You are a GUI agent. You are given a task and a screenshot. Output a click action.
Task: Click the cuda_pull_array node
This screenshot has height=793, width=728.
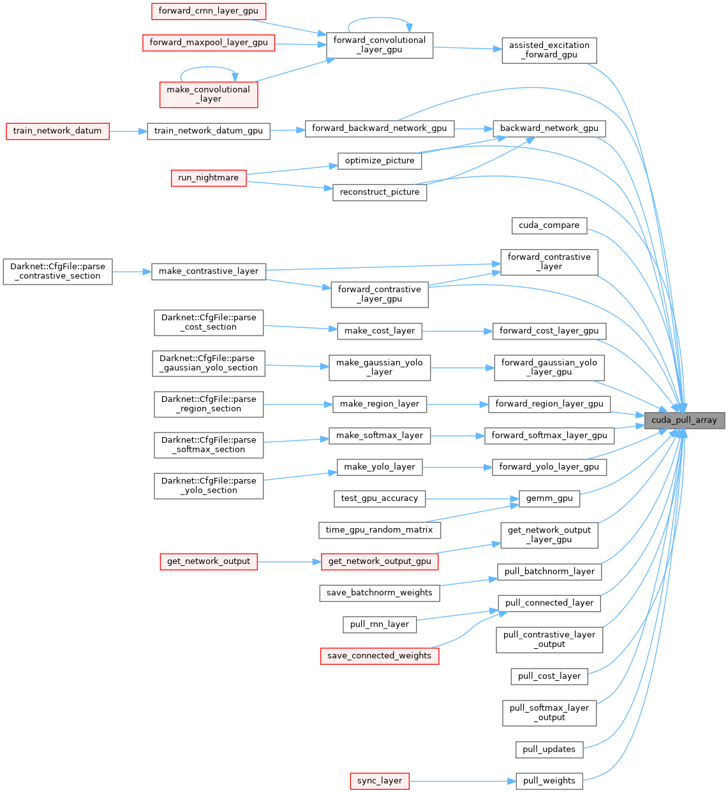click(684, 420)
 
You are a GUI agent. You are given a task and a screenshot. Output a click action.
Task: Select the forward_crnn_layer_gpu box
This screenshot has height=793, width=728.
click(208, 11)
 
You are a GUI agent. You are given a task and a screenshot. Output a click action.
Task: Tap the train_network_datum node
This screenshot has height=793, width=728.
click(57, 131)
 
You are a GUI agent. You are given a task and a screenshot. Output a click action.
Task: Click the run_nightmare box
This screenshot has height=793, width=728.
click(209, 178)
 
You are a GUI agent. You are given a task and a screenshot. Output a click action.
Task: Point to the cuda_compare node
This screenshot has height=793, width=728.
click(549, 225)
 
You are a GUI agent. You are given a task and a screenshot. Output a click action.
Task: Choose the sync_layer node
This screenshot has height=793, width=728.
click(380, 781)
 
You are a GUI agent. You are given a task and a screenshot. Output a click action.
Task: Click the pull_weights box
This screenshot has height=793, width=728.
click(549, 781)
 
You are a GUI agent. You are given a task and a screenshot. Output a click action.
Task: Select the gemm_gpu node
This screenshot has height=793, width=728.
click(549, 498)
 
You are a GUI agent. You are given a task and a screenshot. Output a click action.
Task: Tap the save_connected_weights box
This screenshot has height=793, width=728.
click(380, 656)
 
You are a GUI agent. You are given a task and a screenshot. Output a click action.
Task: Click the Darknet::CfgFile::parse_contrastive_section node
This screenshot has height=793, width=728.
click(58, 271)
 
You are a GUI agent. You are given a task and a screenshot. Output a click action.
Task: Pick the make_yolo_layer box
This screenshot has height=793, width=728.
click(380, 467)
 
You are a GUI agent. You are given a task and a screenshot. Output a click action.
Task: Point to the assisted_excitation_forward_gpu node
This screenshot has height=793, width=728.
click(549, 50)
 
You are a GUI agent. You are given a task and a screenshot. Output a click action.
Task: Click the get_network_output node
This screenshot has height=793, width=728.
click(209, 561)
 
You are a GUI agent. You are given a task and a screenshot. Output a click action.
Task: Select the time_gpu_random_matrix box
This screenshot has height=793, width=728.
click(379, 530)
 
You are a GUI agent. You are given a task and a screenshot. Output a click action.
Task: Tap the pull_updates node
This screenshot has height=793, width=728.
click(549, 749)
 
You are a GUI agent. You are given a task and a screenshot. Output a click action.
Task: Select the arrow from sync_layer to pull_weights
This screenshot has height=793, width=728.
click(462, 781)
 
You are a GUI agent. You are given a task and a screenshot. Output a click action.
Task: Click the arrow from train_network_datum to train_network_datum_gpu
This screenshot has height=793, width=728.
click(128, 131)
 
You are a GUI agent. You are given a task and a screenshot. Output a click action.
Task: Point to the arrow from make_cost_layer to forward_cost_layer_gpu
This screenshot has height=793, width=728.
click(457, 331)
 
